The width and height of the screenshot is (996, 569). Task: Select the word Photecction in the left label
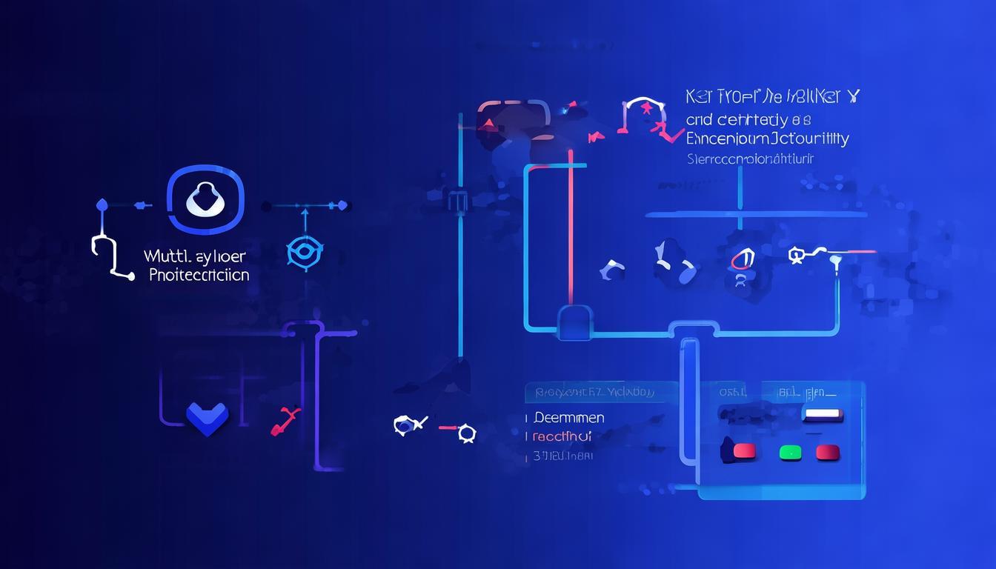[x=199, y=275]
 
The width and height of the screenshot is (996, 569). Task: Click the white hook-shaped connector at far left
[x=105, y=256]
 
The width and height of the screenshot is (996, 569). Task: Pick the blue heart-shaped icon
[x=207, y=418]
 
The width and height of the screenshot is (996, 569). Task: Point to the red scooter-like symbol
[x=285, y=420]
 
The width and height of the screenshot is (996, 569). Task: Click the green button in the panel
[x=790, y=452]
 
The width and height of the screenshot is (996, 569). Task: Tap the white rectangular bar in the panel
[x=823, y=414]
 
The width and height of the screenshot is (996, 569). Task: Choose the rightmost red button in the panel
[x=827, y=452]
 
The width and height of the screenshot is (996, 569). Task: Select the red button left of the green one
[x=743, y=450]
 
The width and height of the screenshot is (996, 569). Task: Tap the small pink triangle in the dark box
[x=488, y=124]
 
